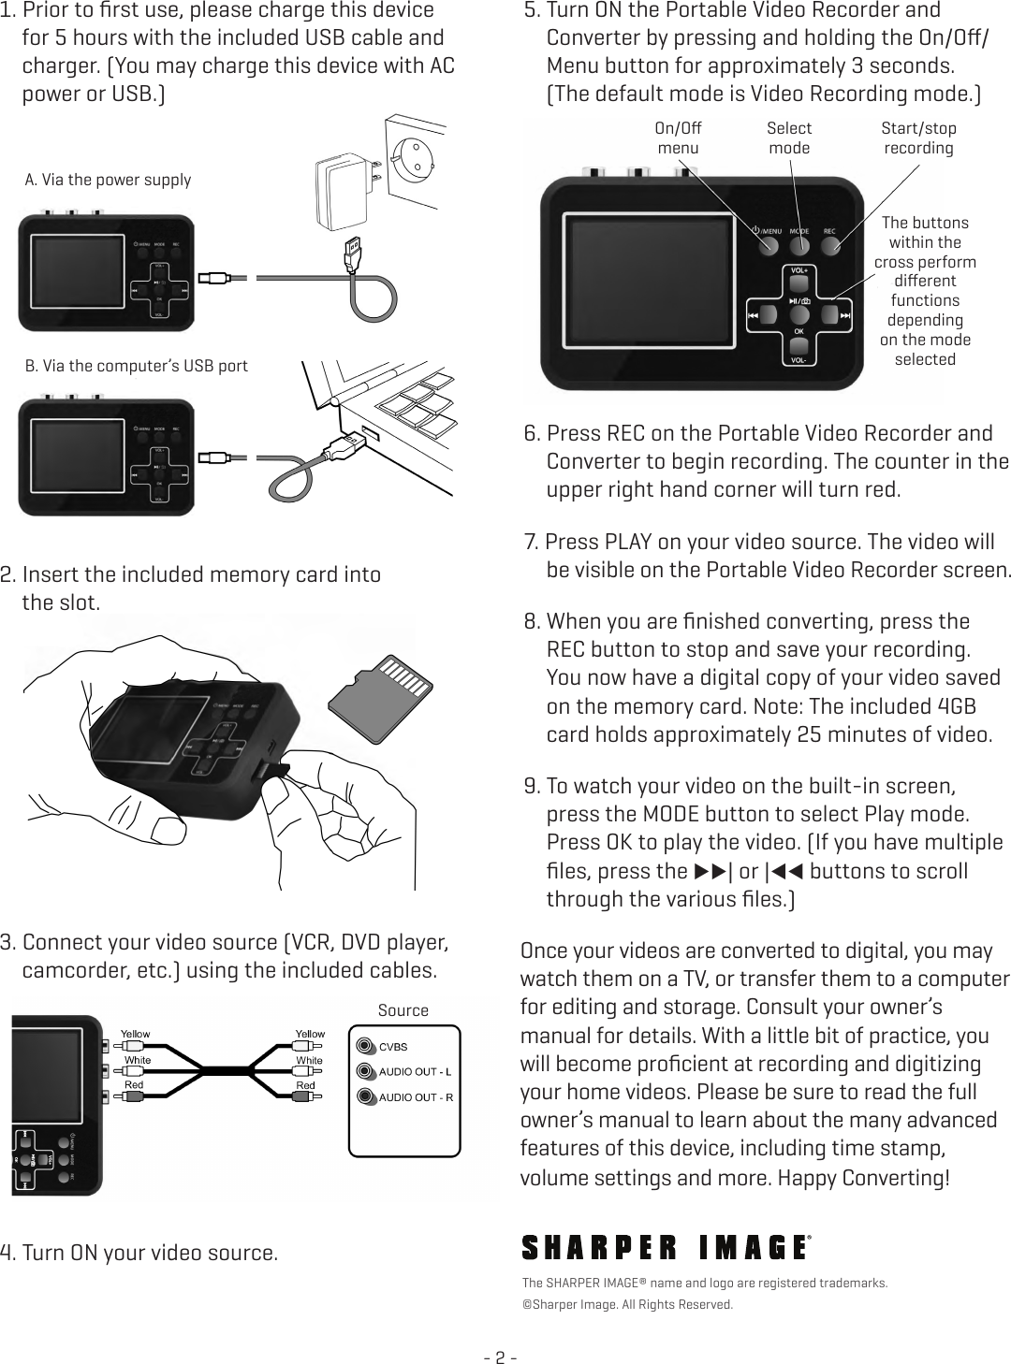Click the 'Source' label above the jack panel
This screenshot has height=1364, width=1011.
pos(403,1010)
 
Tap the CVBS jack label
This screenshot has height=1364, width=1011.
pos(393,1046)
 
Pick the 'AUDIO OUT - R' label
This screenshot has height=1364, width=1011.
pos(416,1096)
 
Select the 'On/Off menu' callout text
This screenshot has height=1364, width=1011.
pos(678,138)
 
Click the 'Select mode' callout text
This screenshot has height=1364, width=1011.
pos(789,138)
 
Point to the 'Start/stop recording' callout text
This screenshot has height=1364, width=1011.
pos(918,138)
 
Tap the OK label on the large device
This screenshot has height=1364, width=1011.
pos(799,331)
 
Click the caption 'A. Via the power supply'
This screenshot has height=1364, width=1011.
pos(108,180)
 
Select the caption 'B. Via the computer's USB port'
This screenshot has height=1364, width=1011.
pos(136,365)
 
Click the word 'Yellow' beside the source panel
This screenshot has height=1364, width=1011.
pos(310,1034)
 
